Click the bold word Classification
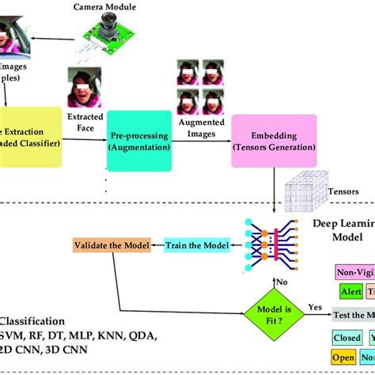coord(32,321)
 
